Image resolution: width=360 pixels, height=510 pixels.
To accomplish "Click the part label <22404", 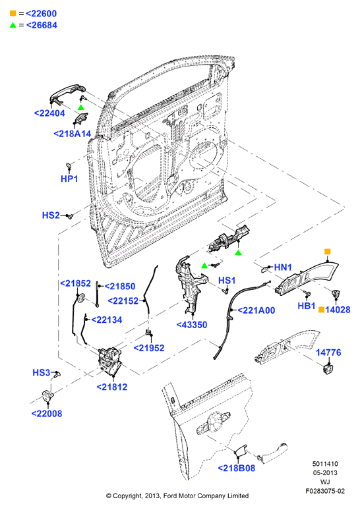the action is click(49, 113).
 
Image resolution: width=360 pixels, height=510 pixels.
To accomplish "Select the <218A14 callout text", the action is click(73, 134).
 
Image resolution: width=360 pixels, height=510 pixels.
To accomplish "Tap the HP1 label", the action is click(69, 179).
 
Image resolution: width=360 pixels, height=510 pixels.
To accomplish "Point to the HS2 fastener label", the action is click(51, 215).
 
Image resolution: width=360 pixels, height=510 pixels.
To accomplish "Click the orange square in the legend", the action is click(13, 13).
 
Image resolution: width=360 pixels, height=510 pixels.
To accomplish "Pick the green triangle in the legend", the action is click(13, 25).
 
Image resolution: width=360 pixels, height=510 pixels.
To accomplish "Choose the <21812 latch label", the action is click(112, 387).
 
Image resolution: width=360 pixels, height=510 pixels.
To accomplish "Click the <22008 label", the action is click(47, 414).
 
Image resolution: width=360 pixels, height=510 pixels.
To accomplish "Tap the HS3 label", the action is click(42, 372).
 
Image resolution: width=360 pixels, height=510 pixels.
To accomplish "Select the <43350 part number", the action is click(192, 325).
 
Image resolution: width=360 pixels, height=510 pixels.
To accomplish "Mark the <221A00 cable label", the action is click(256, 310).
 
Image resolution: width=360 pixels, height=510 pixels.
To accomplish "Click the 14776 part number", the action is click(328, 353).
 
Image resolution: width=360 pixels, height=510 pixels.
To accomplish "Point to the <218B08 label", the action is click(236, 468).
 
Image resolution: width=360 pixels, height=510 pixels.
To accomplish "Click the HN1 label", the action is click(283, 268).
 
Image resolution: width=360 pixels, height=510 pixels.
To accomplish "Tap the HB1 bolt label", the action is click(307, 306).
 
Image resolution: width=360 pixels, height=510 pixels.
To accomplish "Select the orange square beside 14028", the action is click(321, 310).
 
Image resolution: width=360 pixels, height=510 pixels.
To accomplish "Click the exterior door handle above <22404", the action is click(67, 94).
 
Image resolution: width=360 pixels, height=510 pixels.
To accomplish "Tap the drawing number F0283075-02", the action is click(325, 491).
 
